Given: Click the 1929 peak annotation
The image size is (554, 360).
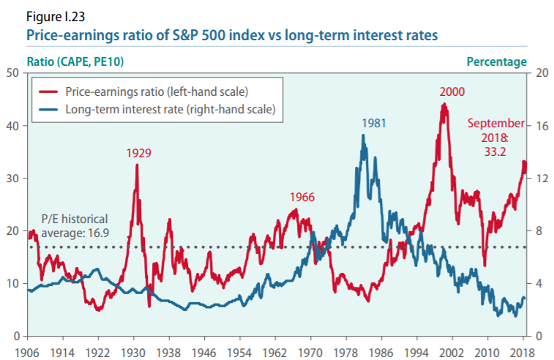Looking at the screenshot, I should (x=138, y=153).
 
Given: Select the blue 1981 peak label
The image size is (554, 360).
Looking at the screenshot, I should (x=373, y=122).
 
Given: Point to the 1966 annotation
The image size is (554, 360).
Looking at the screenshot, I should (x=303, y=197).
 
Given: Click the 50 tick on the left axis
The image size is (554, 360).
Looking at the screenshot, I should (x=12, y=72).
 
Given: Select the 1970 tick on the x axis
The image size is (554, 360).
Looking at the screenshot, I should (x=310, y=350).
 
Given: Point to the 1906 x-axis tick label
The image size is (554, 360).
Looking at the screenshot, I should (x=28, y=350).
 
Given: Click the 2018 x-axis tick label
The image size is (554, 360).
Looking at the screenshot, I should (x=523, y=350).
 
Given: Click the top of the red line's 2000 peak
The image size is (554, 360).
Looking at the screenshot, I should (x=443, y=104).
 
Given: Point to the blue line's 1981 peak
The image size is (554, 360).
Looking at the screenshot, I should (x=364, y=135).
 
